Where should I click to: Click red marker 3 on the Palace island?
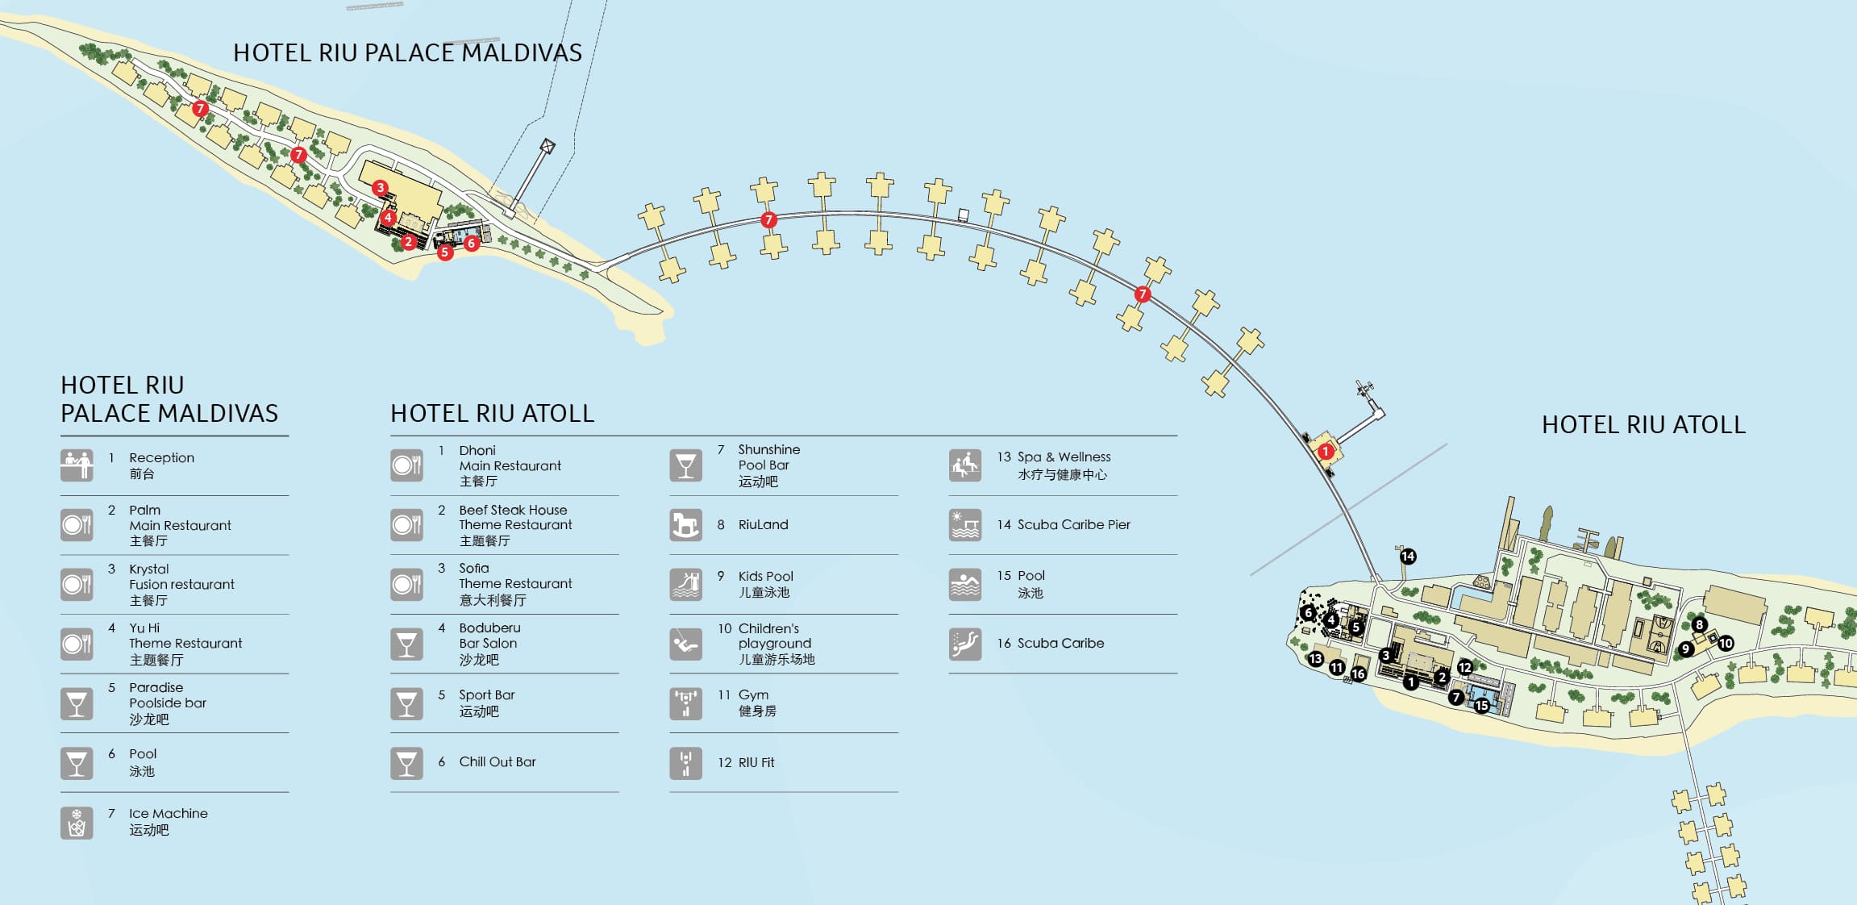coord(380,188)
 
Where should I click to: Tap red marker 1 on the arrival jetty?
coord(1326,452)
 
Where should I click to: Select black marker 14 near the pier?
coord(1408,557)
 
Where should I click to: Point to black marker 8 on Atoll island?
coord(1699,624)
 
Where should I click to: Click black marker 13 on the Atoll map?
coord(1315,659)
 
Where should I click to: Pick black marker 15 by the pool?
coord(1482,706)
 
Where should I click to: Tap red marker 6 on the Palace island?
coord(472,243)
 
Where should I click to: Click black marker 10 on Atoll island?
coord(1726,644)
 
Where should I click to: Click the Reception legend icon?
coord(77,465)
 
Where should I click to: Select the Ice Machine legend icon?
coord(77,823)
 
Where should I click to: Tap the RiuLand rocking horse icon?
coord(685,525)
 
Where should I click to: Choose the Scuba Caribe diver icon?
coord(964,644)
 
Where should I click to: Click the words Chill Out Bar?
coord(497,762)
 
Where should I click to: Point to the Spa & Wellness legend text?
coord(1063,457)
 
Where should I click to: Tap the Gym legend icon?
coord(685,703)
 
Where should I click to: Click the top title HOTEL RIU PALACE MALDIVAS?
coord(407,53)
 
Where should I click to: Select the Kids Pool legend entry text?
coord(765,577)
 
